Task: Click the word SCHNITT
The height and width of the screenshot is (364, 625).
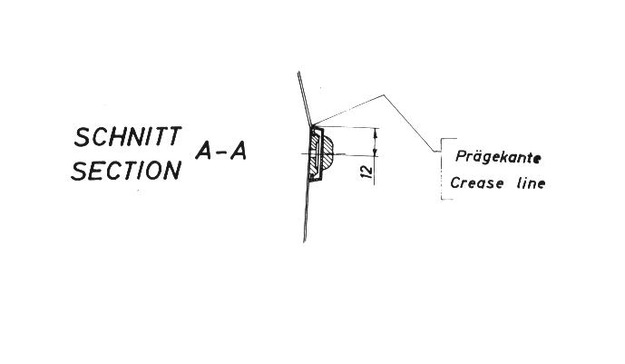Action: (x=128, y=136)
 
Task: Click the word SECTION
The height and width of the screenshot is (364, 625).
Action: (x=126, y=171)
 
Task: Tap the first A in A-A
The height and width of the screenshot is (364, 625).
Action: (x=204, y=151)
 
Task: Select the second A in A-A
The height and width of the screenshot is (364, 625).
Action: (x=238, y=151)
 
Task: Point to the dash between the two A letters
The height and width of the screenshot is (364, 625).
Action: (x=221, y=152)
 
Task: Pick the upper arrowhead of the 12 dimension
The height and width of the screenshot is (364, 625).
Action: (x=375, y=133)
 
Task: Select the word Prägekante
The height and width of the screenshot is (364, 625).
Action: (x=498, y=157)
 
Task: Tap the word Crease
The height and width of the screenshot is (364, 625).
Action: (x=477, y=183)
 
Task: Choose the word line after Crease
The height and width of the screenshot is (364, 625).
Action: (x=531, y=183)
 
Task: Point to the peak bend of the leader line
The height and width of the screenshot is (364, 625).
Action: (x=384, y=95)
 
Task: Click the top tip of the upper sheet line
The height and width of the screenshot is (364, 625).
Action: (x=298, y=72)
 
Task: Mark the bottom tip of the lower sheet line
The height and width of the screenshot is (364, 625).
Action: (x=305, y=241)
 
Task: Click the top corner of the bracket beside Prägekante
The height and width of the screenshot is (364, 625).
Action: (x=442, y=139)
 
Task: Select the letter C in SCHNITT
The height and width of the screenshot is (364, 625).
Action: (x=102, y=137)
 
